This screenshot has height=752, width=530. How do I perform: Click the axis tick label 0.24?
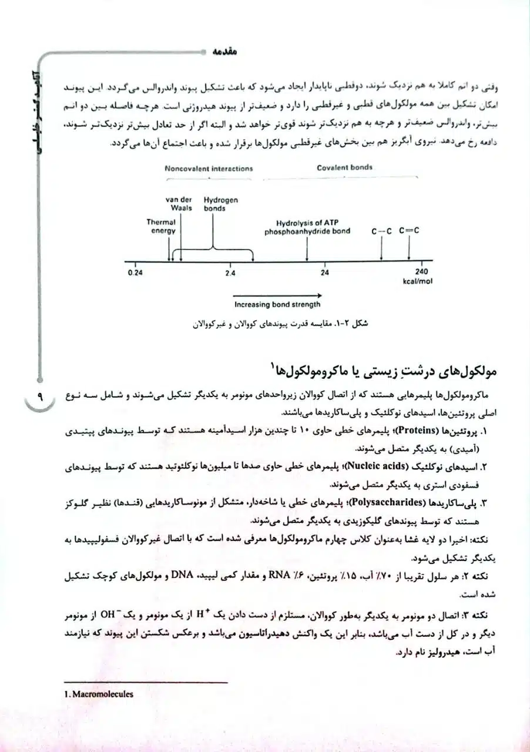click(135, 273)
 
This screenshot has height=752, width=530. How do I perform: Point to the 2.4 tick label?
click(230, 273)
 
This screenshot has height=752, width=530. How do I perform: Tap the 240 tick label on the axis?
click(422, 272)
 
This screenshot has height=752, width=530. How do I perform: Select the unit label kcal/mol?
click(417, 281)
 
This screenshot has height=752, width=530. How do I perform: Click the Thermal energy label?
click(161, 227)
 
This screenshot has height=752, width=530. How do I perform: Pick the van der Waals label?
click(180, 204)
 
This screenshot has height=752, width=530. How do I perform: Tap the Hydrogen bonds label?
click(221, 204)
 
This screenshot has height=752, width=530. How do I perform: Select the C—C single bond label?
click(381, 231)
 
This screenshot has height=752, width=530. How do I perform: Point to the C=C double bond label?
click(409, 231)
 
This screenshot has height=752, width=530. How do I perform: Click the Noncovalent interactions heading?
click(209, 168)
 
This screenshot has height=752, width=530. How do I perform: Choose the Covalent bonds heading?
click(344, 167)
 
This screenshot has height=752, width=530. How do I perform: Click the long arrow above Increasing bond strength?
click(277, 295)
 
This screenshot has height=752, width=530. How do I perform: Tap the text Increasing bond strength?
click(277, 305)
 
